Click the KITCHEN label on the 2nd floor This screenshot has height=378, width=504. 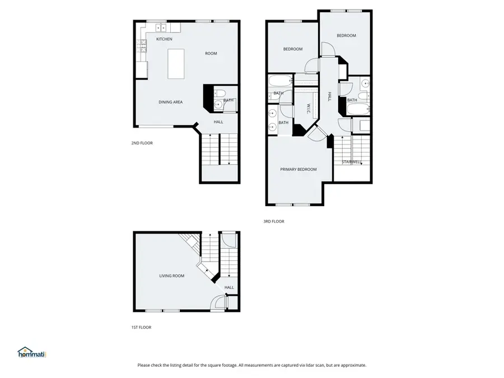coord(164,39)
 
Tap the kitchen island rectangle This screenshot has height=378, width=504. coord(176,63)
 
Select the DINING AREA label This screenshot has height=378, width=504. coord(170,102)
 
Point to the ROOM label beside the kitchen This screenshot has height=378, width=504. coord(211,54)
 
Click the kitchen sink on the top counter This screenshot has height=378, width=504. coord(161,27)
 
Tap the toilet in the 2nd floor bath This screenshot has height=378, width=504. coord(221,94)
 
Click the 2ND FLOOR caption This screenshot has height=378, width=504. coord(142,143)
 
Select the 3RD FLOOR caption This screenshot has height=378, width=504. coord(274,222)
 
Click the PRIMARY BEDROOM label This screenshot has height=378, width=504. coord(298,170)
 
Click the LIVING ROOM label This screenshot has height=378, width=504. coord(172,276)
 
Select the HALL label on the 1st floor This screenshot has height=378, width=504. coord(229,287)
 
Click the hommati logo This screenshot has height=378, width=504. coord(31,352)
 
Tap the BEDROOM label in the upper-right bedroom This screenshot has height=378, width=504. coord(346,36)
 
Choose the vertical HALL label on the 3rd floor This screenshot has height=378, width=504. coord(330,96)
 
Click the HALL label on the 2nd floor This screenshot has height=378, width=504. coord(218,122)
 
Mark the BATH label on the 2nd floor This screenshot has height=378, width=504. coord(228,101)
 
